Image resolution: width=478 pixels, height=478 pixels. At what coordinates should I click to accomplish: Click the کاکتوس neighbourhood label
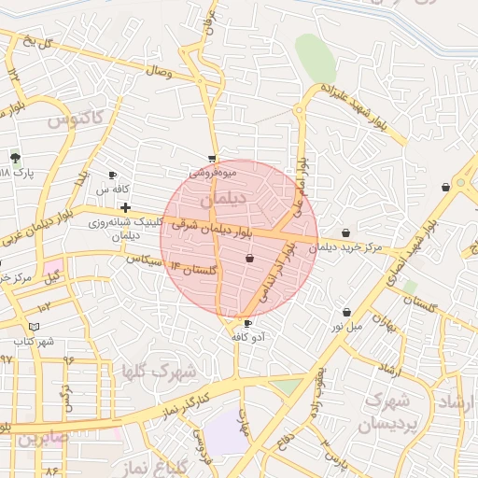point(85,119)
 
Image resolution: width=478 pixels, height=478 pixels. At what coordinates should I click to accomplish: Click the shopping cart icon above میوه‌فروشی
point(213,159)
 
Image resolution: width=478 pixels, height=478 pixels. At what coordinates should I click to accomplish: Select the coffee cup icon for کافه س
point(113,175)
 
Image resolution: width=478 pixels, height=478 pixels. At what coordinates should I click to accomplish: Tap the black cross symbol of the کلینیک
point(125,206)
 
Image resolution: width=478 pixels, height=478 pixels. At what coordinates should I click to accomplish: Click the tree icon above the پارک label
point(15,157)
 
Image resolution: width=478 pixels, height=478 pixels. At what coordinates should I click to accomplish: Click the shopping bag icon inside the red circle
point(249,259)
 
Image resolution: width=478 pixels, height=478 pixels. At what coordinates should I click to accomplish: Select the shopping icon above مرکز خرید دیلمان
point(346,232)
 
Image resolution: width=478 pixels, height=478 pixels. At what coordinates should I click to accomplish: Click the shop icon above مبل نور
point(347,312)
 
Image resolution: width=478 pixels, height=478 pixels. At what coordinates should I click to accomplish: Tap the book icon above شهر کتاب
point(34,326)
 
